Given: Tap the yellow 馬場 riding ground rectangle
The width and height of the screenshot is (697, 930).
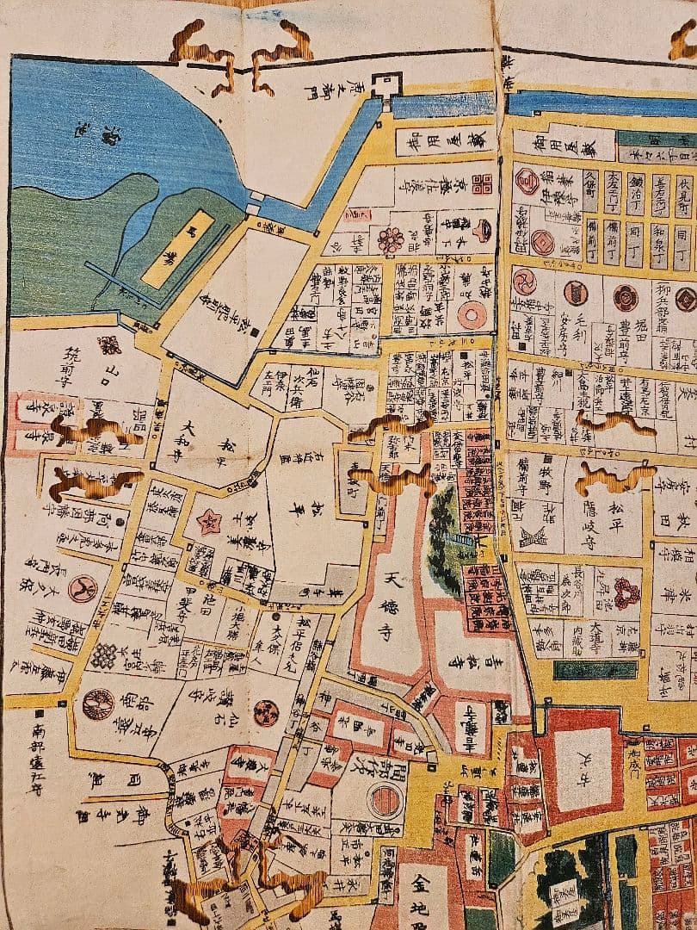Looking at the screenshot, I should tap(173, 249).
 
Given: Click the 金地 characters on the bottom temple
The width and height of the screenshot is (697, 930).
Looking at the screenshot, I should tap(427, 896).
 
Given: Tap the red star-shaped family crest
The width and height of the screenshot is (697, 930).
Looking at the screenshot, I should tap(207, 521).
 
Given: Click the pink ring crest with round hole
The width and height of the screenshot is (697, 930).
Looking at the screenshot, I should tap(471, 316).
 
